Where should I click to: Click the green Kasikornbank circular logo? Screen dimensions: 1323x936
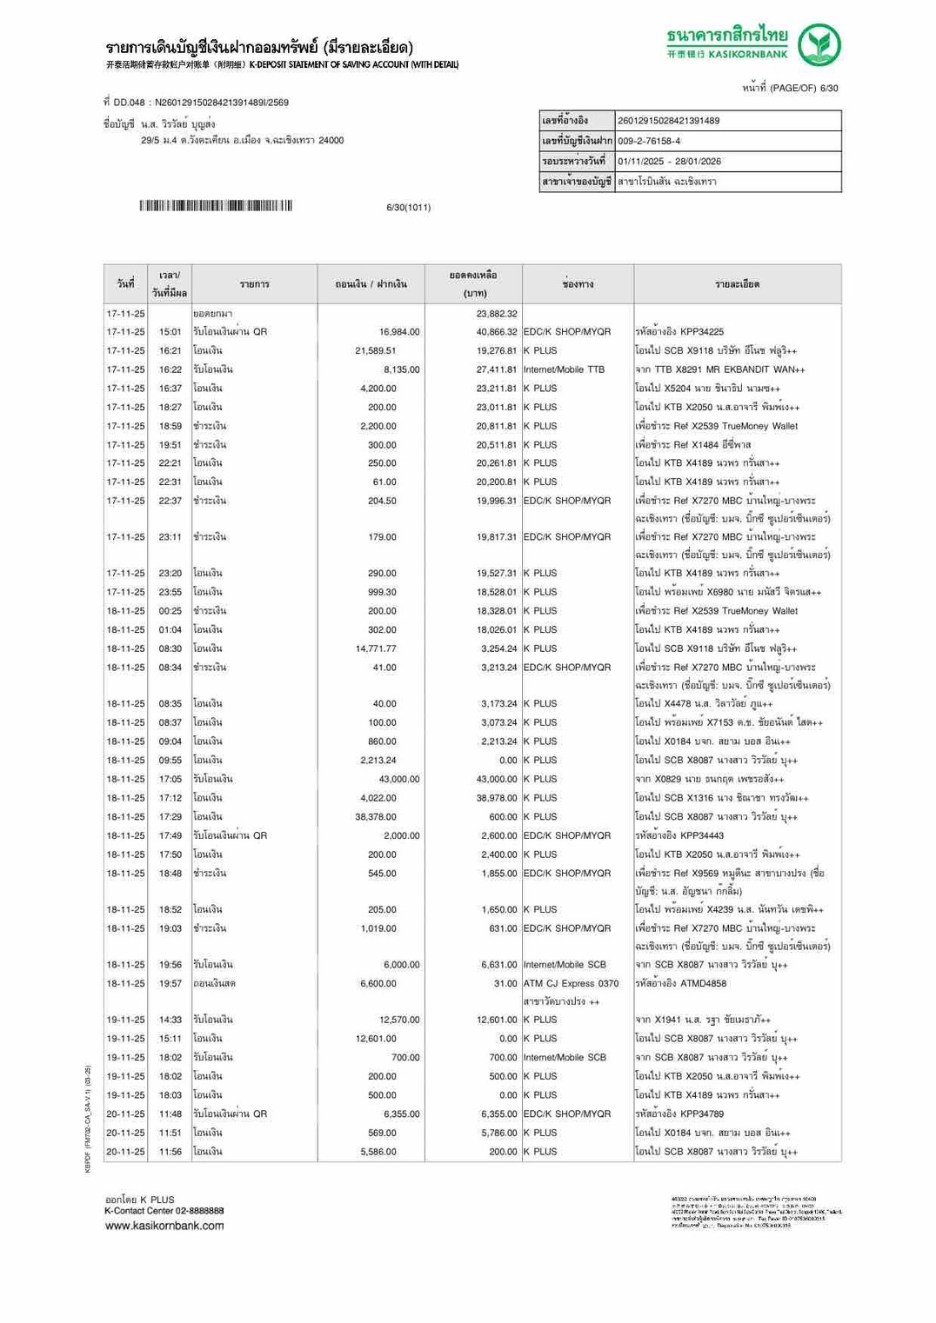click(x=819, y=45)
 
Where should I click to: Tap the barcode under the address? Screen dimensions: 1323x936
click(x=216, y=206)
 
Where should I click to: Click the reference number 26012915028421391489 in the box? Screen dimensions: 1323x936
click(x=668, y=121)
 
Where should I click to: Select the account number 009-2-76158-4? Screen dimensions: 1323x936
click(x=649, y=141)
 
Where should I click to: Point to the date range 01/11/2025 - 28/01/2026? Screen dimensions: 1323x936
click(x=669, y=162)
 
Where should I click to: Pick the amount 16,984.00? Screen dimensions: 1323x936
click(x=399, y=332)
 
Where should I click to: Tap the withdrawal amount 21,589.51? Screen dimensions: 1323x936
click(x=376, y=351)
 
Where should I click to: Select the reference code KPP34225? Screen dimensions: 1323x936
click(x=702, y=332)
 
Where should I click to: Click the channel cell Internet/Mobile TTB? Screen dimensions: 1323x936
click(x=564, y=369)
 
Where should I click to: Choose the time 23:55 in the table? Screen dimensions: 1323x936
click(x=170, y=592)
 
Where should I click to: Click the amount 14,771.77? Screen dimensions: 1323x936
click(x=376, y=648)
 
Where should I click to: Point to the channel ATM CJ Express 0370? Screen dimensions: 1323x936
click(x=571, y=984)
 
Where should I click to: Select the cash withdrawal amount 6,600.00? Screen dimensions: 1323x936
click(x=378, y=984)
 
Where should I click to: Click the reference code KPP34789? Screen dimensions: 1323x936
click(x=702, y=1114)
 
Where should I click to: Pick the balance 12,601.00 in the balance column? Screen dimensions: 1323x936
click(x=496, y=1021)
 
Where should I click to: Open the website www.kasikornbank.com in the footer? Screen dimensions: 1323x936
click(x=164, y=1226)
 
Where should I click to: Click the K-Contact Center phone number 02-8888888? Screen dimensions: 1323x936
click(x=194, y=1211)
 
